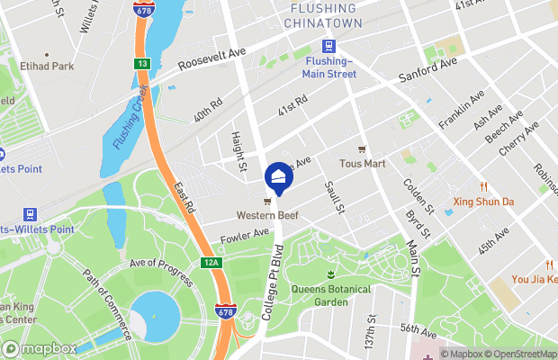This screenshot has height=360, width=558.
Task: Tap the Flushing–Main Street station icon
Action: point(329,48)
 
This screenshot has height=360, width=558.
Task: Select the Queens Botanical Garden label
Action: point(331,296)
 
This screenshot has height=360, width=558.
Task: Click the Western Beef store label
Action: point(268,215)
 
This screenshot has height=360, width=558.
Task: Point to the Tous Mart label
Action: point(362,164)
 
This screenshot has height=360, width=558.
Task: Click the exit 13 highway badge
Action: point(142,64)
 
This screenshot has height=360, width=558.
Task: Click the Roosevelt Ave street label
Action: point(211,59)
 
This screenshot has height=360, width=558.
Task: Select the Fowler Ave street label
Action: point(245,235)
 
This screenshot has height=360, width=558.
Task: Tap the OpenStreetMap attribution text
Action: point(519,354)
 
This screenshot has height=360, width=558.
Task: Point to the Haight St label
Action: point(238,148)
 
